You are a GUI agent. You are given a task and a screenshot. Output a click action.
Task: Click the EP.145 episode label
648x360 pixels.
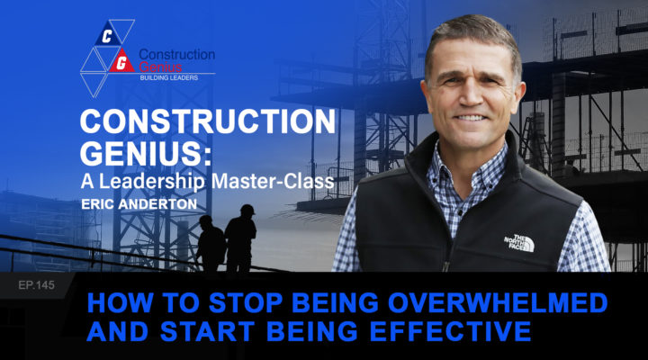[36, 284]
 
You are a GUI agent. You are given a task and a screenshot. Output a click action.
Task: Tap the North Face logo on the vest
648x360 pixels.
[519, 243]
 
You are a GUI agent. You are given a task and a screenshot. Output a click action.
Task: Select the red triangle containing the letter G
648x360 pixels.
[121, 62]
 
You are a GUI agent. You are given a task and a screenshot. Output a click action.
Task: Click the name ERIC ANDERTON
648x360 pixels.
[139, 204]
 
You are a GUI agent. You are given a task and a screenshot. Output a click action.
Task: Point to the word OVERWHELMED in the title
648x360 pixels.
[498, 302]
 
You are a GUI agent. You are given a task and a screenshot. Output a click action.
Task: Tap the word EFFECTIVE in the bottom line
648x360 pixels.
[451, 331]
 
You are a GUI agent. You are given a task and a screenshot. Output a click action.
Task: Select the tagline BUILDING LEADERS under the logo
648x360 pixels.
[168, 77]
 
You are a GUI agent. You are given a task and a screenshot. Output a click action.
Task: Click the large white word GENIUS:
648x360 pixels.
[146, 153]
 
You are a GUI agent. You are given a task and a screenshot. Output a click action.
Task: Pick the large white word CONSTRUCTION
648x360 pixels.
[208, 121]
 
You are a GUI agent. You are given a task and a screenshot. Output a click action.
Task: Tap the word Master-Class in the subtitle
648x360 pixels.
[274, 182]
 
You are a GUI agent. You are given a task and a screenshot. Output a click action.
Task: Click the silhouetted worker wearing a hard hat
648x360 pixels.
[240, 238]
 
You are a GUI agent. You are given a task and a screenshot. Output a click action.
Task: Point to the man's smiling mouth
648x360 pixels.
[471, 118]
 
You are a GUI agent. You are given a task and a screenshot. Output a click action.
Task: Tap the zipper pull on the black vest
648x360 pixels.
[445, 265]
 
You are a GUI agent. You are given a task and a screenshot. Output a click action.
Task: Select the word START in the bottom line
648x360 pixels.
[207, 331]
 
